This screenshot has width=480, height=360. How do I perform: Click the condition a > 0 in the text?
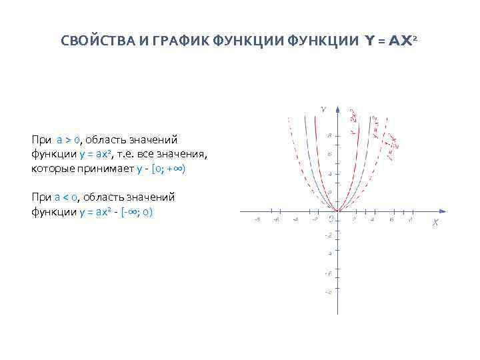pos(69,140)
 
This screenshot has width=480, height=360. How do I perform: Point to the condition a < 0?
pos(69,197)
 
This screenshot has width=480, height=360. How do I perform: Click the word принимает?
pos(103,169)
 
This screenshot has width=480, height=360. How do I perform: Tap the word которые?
pos(50,169)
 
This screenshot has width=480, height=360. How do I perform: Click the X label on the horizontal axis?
pos(435,223)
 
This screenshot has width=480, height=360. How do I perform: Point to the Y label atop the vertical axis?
pos(323,109)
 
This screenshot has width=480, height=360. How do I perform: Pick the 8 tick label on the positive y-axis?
pos(329,136)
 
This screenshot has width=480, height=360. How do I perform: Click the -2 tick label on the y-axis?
pos(327,235)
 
